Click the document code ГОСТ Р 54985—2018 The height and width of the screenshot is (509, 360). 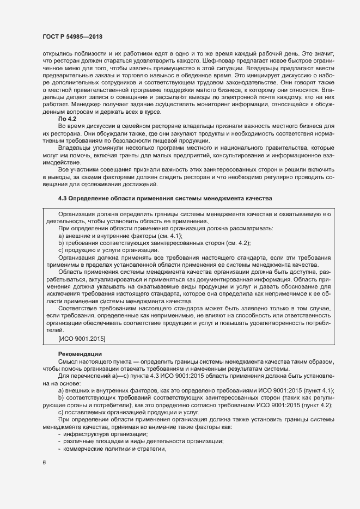pyautogui.click(x=72, y=36)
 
